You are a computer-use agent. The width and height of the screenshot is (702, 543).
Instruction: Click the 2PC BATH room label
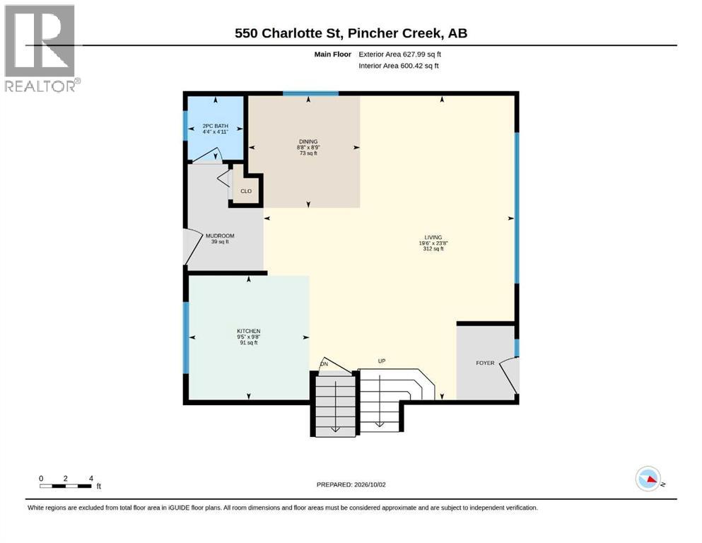216,126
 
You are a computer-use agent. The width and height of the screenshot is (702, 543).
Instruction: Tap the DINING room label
308,141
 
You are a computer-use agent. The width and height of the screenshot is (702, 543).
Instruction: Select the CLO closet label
246,191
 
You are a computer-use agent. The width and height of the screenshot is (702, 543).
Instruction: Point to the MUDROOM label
220,235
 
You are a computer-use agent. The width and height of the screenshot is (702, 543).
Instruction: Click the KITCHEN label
248,332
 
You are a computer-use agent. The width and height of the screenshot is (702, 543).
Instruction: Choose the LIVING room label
433,238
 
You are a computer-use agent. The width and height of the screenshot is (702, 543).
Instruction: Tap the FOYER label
485,363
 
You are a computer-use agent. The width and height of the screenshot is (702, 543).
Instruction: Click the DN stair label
324,364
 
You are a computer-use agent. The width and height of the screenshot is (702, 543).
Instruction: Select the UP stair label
382,361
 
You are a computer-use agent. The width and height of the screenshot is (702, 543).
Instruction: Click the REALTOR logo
40,48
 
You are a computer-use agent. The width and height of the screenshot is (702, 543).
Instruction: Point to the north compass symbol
649,479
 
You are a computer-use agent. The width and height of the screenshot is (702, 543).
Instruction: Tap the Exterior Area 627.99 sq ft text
400,54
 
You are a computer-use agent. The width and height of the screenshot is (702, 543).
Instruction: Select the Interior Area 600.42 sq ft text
399,66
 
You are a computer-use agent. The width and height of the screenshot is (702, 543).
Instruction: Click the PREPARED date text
351,484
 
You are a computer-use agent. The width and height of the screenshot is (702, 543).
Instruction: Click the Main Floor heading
333,54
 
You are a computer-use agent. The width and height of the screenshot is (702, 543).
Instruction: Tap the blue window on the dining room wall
310,93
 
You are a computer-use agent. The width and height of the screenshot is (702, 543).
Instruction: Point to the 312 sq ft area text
433,249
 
